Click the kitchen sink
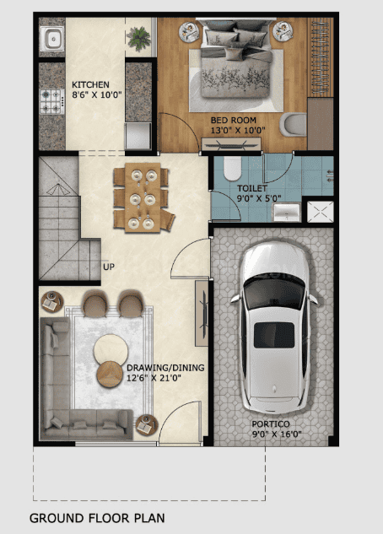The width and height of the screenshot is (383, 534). [51, 38]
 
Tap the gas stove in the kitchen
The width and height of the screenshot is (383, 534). [51, 101]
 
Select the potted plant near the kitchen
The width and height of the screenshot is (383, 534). [138, 37]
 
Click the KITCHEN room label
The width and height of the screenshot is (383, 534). [90, 84]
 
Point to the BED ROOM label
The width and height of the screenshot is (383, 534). [233, 121]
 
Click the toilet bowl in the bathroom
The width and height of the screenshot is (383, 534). [233, 168]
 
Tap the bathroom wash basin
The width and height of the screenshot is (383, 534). [286, 212]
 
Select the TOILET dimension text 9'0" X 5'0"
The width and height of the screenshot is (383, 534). [259, 198]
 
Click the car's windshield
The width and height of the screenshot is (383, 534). [274, 291]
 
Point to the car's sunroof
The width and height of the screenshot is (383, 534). [274, 335]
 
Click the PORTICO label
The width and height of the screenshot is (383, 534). [271, 424]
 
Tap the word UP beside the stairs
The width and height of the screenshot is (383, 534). [109, 267]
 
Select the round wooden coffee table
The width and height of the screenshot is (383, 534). [110, 374]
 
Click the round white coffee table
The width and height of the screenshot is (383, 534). [111, 349]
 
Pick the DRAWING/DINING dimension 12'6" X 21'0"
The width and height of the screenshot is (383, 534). [154, 378]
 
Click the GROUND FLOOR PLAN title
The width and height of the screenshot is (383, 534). [97, 518]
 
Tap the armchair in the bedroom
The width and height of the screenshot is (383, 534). [293, 124]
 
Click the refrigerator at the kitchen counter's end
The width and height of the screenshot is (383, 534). [138, 136]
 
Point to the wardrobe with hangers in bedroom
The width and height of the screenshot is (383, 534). [321, 57]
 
